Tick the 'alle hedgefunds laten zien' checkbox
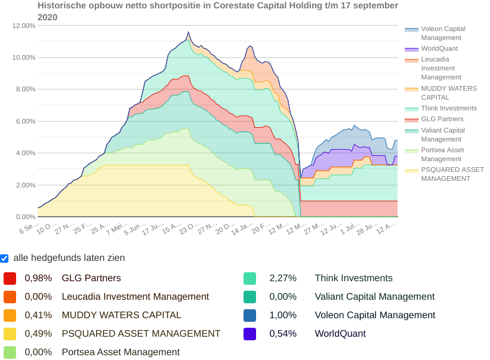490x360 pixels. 5,258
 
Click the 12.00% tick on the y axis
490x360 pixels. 24,26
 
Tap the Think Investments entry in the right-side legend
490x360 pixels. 449,109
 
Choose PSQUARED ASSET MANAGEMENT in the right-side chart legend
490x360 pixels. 452,174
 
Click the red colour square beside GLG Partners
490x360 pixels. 10,278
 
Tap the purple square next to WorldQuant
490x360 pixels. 249,334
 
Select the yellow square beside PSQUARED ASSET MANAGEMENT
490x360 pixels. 10,334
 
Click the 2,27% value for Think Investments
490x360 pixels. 283,278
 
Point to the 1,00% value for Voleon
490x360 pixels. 283,315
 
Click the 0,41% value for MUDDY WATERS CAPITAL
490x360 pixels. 38,315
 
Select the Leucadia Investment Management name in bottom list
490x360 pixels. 135,297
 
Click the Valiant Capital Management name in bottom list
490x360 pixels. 374,297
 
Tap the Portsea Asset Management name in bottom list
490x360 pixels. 121,352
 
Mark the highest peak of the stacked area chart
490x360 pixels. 189,32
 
